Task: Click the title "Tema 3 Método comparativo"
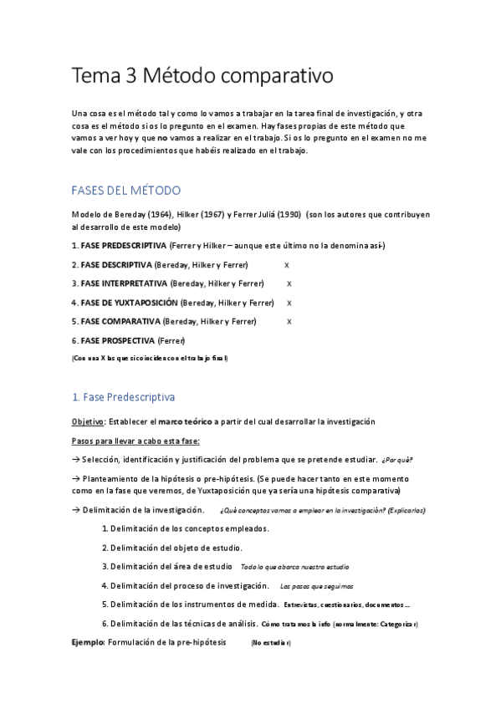[x=203, y=76]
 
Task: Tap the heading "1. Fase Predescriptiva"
[x=123, y=396]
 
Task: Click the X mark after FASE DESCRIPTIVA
[x=287, y=264]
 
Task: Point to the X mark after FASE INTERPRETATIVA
[x=289, y=283]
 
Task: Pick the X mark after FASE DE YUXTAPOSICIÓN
[x=289, y=303]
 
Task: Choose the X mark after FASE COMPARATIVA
[x=289, y=322]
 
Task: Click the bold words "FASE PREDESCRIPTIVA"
[x=123, y=245]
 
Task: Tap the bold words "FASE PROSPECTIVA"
[x=117, y=341]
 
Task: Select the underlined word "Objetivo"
[x=88, y=421]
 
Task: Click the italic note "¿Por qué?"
[x=396, y=460]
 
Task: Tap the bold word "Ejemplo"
[x=88, y=642]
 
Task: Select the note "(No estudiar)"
[x=270, y=643]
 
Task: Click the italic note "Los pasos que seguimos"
[x=316, y=586]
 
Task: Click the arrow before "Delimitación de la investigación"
[x=75, y=509]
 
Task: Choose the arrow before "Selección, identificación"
[x=75, y=460]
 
